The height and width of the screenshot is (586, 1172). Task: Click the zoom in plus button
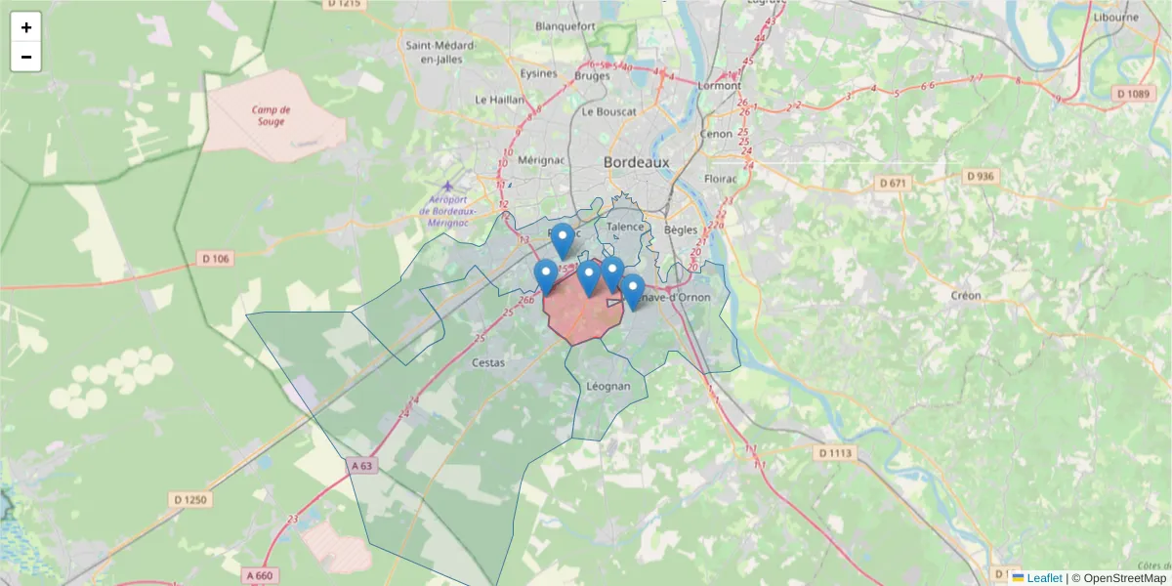pos(26,27)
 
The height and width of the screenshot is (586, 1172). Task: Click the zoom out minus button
pos(26,57)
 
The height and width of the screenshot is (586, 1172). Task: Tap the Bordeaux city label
pos(637,162)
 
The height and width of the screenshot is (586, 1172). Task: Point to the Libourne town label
pos(1116,17)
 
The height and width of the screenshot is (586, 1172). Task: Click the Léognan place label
pos(608,386)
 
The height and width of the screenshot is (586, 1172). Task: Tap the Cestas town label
pos(488,362)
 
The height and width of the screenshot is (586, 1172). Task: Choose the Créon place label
pos(965,295)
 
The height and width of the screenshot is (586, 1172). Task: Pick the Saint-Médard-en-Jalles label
pos(440,52)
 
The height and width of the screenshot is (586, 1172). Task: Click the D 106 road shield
pos(216,259)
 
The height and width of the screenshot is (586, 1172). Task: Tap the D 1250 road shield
pos(191,499)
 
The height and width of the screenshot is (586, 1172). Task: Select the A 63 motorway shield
pos(360,466)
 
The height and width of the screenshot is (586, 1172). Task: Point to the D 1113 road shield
pos(835,452)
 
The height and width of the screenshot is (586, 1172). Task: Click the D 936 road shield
pos(980,176)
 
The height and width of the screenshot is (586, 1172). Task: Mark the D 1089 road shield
pos(1133,93)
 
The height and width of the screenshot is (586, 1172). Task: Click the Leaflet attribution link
pos(1044,578)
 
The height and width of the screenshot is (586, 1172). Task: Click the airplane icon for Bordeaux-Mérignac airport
pos(448,186)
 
